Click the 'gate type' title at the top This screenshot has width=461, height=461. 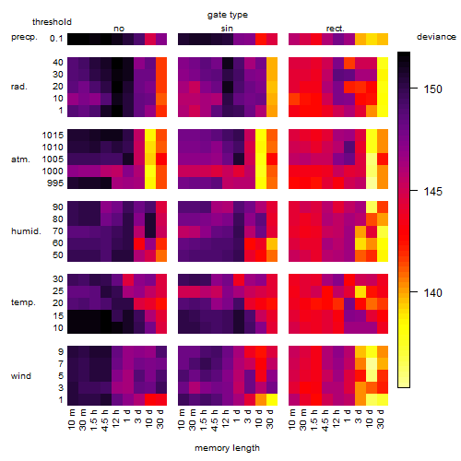click(x=228, y=15)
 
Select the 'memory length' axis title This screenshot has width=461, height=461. click(x=227, y=448)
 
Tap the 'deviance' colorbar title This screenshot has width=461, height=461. click(x=436, y=37)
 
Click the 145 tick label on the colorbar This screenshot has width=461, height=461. click(x=432, y=192)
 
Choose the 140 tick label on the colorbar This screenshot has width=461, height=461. click(x=432, y=292)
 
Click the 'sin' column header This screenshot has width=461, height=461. click(x=227, y=29)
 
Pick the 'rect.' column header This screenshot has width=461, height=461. click(x=335, y=29)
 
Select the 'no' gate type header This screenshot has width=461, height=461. click(x=119, y=29)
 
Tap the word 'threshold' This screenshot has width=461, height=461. click(x=52, y=22)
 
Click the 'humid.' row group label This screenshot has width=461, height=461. click(x=26, y=231)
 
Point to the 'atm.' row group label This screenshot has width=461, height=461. click(x=20, y=160)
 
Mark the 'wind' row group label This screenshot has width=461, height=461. click(x=21, y=376)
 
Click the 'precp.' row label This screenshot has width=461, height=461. click(x=24, y=37)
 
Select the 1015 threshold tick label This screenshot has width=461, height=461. click(x=53, y=136)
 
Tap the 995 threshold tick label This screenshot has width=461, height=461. click(x=55, y=183)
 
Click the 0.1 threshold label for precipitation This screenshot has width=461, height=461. click(x=56, y=39)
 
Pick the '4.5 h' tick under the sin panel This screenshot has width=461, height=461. click(x=215, y=420)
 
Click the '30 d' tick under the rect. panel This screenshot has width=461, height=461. click(x=381, y=419)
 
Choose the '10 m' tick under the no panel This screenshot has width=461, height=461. click(x=71, y=420)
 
